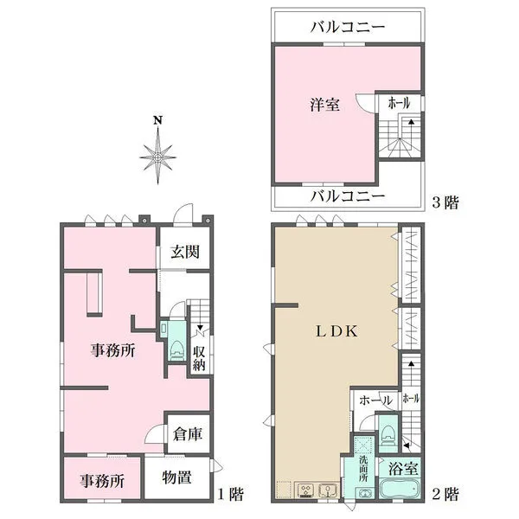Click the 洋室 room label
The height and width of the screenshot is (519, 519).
[324, 105]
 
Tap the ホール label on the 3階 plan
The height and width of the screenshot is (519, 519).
[399, 102]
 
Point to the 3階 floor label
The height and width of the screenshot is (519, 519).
[445, 203]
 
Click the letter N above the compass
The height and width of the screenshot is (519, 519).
[157, 120]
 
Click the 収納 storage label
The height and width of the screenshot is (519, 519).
[199, 357]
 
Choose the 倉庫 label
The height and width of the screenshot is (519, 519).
[188, 435]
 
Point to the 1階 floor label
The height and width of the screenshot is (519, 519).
[229, 495]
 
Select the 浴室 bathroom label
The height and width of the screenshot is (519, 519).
[403, 470]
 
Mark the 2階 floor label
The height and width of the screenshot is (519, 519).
[445, 495]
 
